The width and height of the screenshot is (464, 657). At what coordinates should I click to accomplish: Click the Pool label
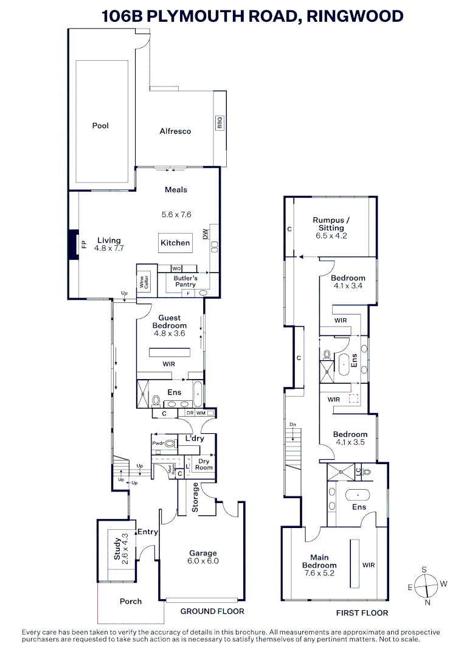[x=100, y=126]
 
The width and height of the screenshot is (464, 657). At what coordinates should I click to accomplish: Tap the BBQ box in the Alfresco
[x=220, y=123]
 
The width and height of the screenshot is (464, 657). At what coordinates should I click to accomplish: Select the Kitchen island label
[x=175, y=243]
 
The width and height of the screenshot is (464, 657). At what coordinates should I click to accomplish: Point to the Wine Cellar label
[x=144, y=282]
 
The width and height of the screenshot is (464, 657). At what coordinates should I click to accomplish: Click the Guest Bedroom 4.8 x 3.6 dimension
[x=169, y=333]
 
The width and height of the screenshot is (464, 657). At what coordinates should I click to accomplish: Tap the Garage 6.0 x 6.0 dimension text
[x=203, y=561]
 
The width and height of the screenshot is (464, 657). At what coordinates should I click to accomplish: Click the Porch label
[x=131, y=601]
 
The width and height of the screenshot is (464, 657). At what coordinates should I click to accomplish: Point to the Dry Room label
[x=204, y=464]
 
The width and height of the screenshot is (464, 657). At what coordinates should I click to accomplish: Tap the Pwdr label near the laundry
[x=158, y=443]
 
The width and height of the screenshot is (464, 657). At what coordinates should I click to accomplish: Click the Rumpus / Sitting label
[x=331, y=224]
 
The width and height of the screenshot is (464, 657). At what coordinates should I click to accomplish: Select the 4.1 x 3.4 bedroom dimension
[x=349, y=285]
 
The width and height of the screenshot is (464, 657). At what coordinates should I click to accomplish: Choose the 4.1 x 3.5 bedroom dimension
[x=349, y=442]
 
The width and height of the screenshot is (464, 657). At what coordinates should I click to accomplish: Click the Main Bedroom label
[x=319, y=561]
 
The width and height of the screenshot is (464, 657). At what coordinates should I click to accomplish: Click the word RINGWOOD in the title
[x=355, y=16]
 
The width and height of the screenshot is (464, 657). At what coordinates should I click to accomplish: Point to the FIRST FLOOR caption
[x=362, y=613]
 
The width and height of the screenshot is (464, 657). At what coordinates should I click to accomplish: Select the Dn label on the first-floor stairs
[x=293, y=424]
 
